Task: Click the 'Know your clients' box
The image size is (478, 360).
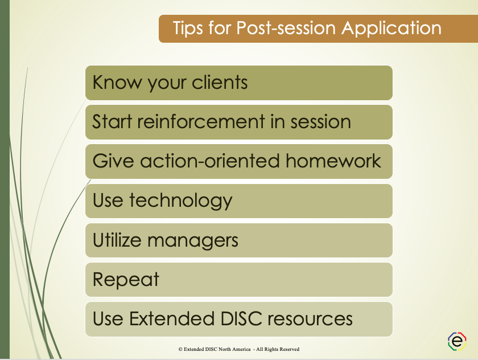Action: [239, 83]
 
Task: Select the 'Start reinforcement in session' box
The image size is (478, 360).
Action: [239, 122]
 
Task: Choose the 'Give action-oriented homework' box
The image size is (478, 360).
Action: [239, 161]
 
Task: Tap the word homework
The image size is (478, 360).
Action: [333, 161]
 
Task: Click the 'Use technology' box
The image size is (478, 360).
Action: [239, 201]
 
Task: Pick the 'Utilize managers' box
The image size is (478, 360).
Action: [239, 240]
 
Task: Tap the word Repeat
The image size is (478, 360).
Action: [126, 280]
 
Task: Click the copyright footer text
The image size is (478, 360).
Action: [238, 349]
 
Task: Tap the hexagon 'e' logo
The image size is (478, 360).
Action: [457, 341]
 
